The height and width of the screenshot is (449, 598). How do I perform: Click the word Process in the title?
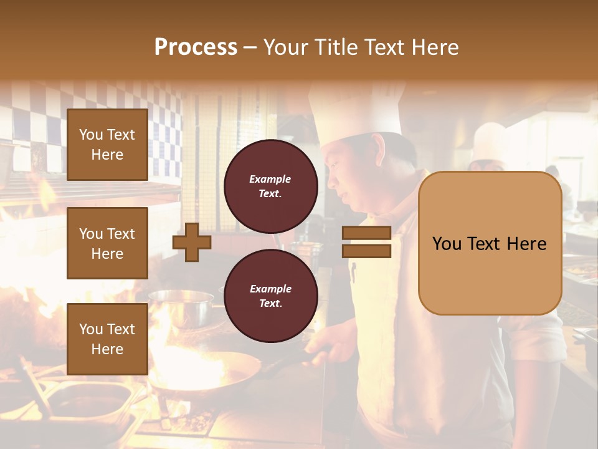pyautogui.click(x=196, y=47)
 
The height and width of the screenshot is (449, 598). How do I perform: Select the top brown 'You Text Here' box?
pyautogui.click(x=107, y=145)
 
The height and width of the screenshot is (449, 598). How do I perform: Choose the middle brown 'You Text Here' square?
pyautogui.click(x=107, y=243)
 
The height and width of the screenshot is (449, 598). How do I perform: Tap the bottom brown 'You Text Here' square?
pyautogui.click(x=107, y=339)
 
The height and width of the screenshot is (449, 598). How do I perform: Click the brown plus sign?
pyautogui.click(x=192, y=243)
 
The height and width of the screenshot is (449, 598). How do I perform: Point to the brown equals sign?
pyautogui.click(x=366, y=242)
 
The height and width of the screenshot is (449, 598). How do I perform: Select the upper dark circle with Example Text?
pyautogui.click(x=270, y=186)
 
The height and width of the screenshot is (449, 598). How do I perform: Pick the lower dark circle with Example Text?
pyautogui.click(x=270, y=296)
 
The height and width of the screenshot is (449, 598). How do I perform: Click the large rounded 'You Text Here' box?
pyautogui.click(x=490, y=243)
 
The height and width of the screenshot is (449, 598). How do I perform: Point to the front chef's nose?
pyautogui.click(x=330, y=181)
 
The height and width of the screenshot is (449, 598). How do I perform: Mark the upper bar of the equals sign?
pyautogui.click(x=366, y=233)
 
